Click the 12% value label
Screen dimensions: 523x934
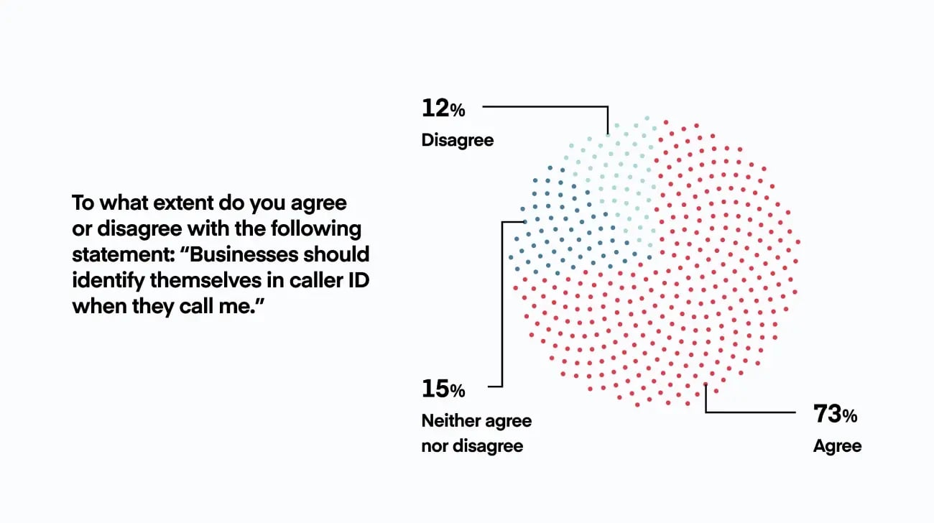click(443, 109)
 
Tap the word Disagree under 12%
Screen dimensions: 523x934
click(458, 140)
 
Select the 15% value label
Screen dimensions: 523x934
click(443, 390)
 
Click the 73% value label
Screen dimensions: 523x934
click(836, 415)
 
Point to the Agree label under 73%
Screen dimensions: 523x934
click(837, 446)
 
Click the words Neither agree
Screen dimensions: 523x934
click(476, 421)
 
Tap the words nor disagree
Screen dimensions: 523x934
click(472, 446)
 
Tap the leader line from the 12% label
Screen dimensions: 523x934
click(546, 107)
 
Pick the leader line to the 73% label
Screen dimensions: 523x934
click(751, 412)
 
